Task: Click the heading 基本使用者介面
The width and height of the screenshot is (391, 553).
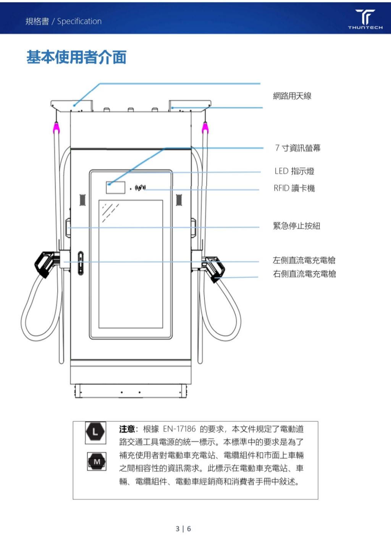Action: pyautogui.click(x=76, y=57)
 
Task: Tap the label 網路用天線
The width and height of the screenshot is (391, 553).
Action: pyautogui.click(x=292, y=96)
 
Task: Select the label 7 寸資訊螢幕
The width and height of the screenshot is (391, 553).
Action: pyautogui.click(x=298, y=148)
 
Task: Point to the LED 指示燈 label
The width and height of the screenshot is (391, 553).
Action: pyautogui.click(x=294, y=171)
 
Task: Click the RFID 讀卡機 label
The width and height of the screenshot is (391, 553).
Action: pyautogui.click(x=294, y=188)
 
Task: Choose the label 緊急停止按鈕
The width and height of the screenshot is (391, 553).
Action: pyautogui.click(x=297, y=226)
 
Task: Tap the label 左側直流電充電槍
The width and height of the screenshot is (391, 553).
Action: pyautogui.click(x=304, y=260)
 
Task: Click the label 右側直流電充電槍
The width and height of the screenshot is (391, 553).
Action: pyautogui.click(x=304, y=274)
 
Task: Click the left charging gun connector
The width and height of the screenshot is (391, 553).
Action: pyautogui.click(x=44, y=264)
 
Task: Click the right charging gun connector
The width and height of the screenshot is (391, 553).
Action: pyautogui.click(x=215, y=268)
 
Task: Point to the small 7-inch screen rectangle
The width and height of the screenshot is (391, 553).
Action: pyautogui.click(x=116, y=188)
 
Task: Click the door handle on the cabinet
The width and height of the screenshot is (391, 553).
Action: pyautogui.click(x=80, y=263)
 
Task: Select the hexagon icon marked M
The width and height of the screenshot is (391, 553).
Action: pyautogui.click(x=97, y=462)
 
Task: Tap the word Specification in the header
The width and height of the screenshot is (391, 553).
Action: pyautogui.click(x=79, y=21)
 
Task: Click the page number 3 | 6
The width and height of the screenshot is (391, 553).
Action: pyautogui.click(x=183, y=529)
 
